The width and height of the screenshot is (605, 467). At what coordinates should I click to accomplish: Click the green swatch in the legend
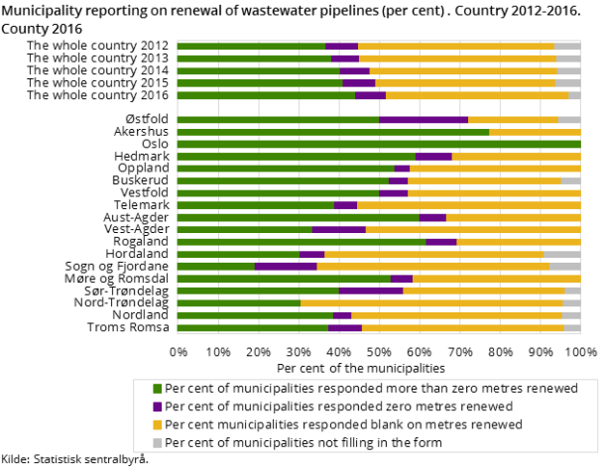(157, 389)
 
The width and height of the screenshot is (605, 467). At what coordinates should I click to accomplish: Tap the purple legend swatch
(157, 407)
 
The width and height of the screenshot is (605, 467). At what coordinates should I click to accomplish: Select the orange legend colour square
(157, 424)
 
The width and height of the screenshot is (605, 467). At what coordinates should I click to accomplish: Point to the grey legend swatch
(157, 442)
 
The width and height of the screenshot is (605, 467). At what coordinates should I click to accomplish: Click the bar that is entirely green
(378, 144)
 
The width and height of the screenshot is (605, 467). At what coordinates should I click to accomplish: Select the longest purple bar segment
(423, 120)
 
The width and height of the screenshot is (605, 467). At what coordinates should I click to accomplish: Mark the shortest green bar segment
(215, 266)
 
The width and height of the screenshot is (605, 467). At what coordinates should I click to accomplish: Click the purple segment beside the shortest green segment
(286, 266)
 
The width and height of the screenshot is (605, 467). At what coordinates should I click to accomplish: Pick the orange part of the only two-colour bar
(535, 132)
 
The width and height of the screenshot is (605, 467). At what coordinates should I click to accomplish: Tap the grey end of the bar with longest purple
(569, 120)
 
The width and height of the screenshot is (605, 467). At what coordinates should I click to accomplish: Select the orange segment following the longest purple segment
(513, 120)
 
